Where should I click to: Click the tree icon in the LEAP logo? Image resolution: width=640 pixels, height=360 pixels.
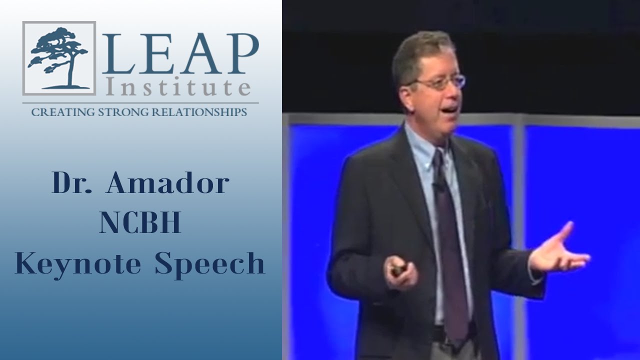click(x=58, y=58)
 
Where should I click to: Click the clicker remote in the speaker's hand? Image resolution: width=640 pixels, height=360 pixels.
click(x=398, y=270)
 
